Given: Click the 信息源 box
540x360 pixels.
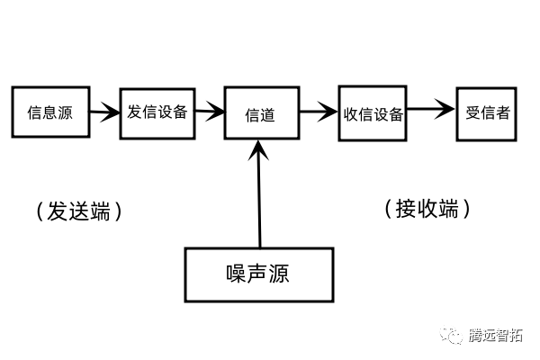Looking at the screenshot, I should pos(49,112).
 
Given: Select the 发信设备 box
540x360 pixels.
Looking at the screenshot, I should pos(157,112).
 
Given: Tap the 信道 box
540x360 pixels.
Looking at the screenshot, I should pos(260,115).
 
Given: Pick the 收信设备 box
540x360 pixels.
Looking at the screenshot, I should pos(373,113).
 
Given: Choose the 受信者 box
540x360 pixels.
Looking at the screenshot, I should pos(488,113).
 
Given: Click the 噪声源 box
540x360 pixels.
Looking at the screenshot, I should pos(258,274).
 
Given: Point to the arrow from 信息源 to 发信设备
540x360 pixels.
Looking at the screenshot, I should pos(103,113).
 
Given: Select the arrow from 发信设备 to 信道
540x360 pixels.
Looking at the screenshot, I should pos(210,113).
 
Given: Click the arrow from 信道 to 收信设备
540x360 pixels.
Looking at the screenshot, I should pos(318,113).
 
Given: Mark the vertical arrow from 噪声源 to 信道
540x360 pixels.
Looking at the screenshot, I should pos(259,198).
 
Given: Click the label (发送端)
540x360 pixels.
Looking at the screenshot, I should pos(78,211).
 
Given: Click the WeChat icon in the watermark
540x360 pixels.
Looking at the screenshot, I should pos(452,336).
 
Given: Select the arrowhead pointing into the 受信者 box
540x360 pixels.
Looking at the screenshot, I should pos(447,112).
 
